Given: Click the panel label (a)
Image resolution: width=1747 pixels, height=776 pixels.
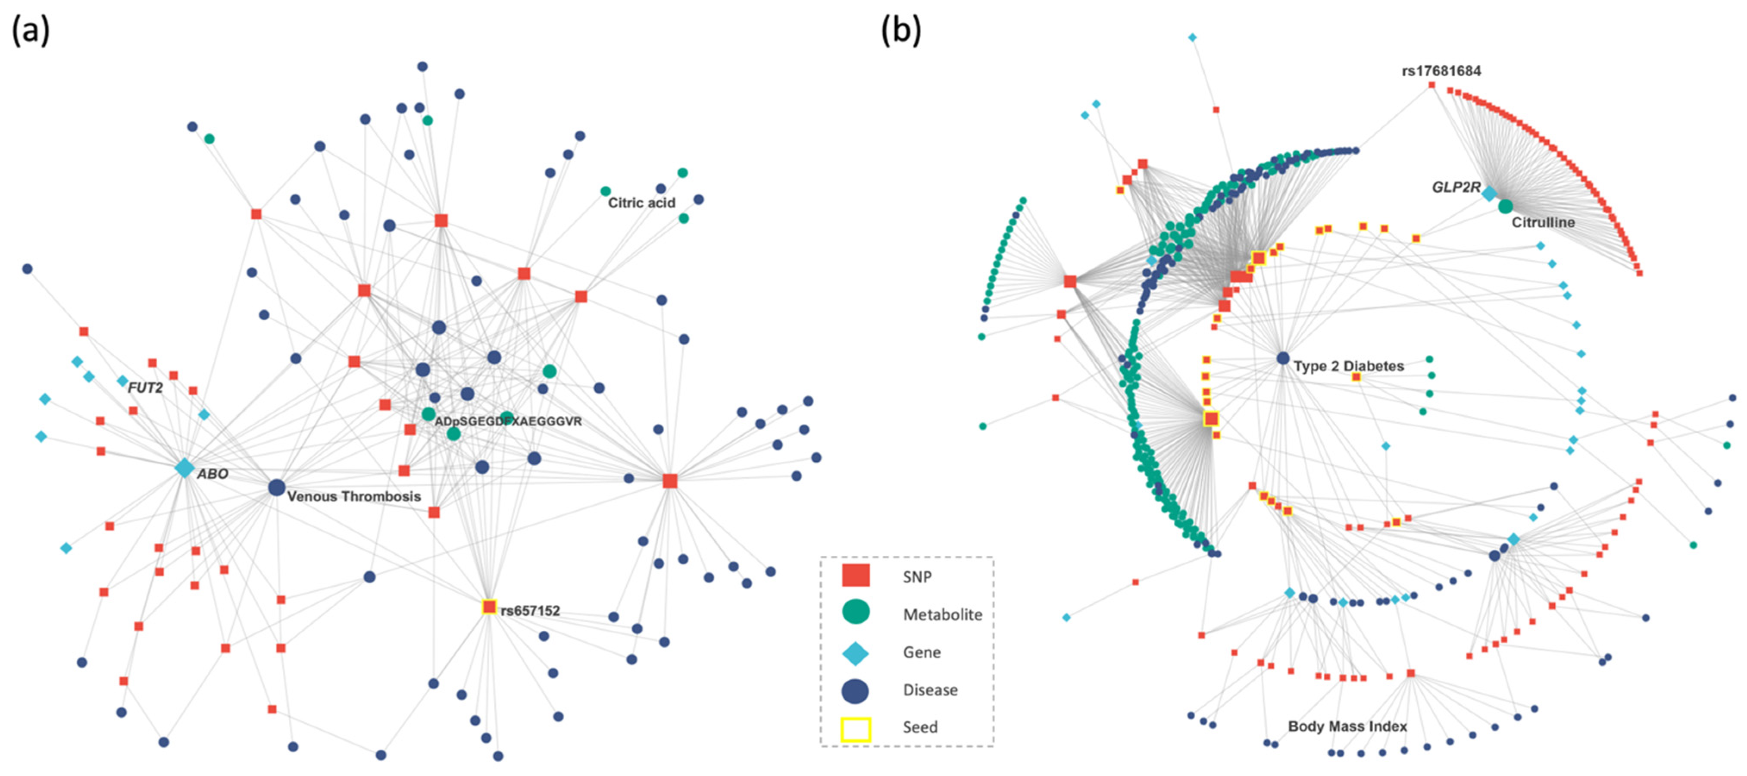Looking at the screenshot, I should point(31,31).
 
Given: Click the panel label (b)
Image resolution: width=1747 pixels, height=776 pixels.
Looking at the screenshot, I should point(900,31).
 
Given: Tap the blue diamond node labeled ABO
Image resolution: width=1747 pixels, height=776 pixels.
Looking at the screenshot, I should point(184,468).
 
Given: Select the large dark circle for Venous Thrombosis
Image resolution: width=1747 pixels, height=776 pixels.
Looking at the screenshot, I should point(276,487).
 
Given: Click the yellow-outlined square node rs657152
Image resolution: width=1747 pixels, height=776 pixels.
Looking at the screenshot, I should point(489,607).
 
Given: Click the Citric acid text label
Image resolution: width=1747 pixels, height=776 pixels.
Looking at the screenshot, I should point(641,203).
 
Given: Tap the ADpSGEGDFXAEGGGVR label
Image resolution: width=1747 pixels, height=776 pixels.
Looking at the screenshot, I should point(508,421).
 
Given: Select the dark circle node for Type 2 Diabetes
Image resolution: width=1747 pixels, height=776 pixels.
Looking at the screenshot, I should point(1282,358).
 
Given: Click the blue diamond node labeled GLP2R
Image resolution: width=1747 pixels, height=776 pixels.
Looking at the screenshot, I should point(1489,194).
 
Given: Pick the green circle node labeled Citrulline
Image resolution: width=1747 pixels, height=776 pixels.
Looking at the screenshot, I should point(1505,206).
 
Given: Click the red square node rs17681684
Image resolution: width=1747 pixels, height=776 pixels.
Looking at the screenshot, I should point(1431,85).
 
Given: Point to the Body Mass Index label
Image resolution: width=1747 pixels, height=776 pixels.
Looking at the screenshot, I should point(1347,726).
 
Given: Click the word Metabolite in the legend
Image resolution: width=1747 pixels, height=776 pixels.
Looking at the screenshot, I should point(942,615).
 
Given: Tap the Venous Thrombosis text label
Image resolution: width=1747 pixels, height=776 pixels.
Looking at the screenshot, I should point(354,497).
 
